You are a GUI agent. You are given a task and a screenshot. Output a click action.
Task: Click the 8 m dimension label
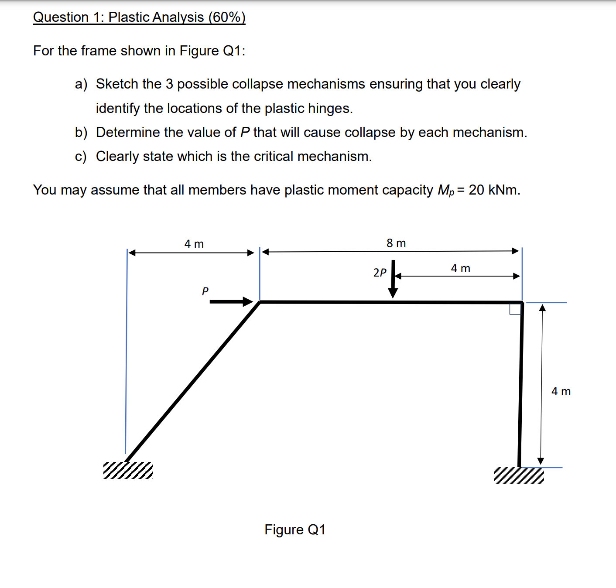[396, 243]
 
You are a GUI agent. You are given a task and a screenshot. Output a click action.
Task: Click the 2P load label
[380, 273]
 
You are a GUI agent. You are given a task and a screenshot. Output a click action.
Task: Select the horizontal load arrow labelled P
[231, 301]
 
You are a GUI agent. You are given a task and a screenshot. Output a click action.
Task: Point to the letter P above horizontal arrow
[205, 291]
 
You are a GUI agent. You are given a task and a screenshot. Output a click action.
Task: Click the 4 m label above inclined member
[194, 244]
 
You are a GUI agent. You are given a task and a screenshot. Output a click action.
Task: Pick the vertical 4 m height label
[561, 391]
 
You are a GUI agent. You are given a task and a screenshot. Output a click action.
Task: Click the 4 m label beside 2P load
[460, 268]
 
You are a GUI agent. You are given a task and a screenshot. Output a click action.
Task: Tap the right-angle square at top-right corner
[515, 308]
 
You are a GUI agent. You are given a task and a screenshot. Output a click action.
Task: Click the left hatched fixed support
[128, 470]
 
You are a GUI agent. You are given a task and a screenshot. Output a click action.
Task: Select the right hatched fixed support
[519, 475]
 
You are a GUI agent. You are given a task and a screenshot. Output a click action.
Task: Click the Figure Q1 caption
[295, 530]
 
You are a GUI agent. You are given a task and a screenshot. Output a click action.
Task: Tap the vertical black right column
[521, 384]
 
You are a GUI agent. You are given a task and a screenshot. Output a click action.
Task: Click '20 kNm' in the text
[494, 190]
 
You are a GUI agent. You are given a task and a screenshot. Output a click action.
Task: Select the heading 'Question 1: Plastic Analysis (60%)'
[139, 17]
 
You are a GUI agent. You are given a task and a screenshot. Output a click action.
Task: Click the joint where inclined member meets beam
[260, 302]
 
